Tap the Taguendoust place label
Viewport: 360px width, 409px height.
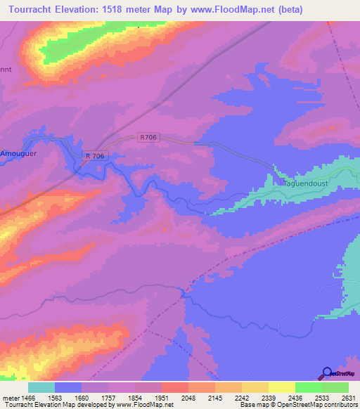pyautogui.click(x=308, y=182)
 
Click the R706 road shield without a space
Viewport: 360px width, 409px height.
pyautogui.click(x=148, y=139)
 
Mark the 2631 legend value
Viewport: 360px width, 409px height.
pyautogui.click(x=349, y=397)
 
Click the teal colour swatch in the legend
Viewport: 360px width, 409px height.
pyautogui.click(x=41, y=387)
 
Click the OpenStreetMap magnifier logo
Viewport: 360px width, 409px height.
pyautogui.click(x=328, y=373)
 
